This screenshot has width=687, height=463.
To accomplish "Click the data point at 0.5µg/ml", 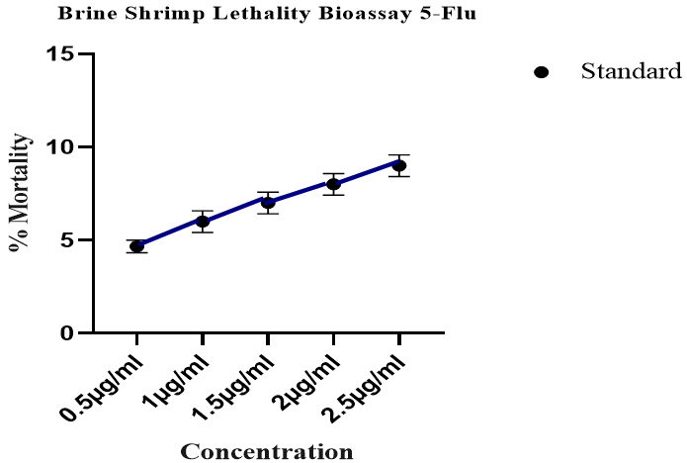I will pos(137,246).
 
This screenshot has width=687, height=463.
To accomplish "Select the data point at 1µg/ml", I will pos(203,222).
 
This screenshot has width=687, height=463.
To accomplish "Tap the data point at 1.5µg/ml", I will pos(268,203).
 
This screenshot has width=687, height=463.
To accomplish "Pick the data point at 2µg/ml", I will pos(333,184).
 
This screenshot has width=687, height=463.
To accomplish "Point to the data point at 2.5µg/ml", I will pos(398,165).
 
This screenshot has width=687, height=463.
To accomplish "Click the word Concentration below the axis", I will pos(267,453).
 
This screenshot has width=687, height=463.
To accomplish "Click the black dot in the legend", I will pos(541,72).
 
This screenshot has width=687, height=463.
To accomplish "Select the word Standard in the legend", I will pos(631,71).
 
